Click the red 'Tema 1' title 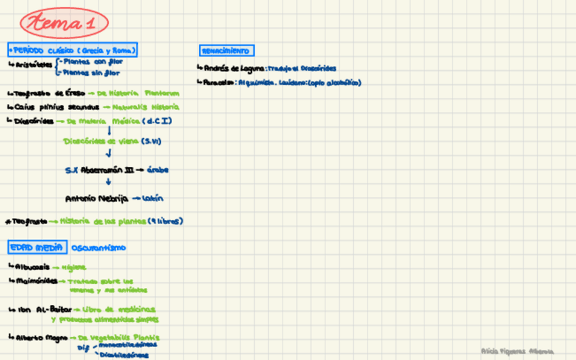(x=65, y=23)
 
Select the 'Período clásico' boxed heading (x=72, y=50)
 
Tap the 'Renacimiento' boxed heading (x=226, y=51)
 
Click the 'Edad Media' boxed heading (x=36, y=248)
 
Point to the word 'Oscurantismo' (x=98, y=248)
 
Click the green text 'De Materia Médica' (x=102, y=121)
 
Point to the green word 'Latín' (x=153, y=198)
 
